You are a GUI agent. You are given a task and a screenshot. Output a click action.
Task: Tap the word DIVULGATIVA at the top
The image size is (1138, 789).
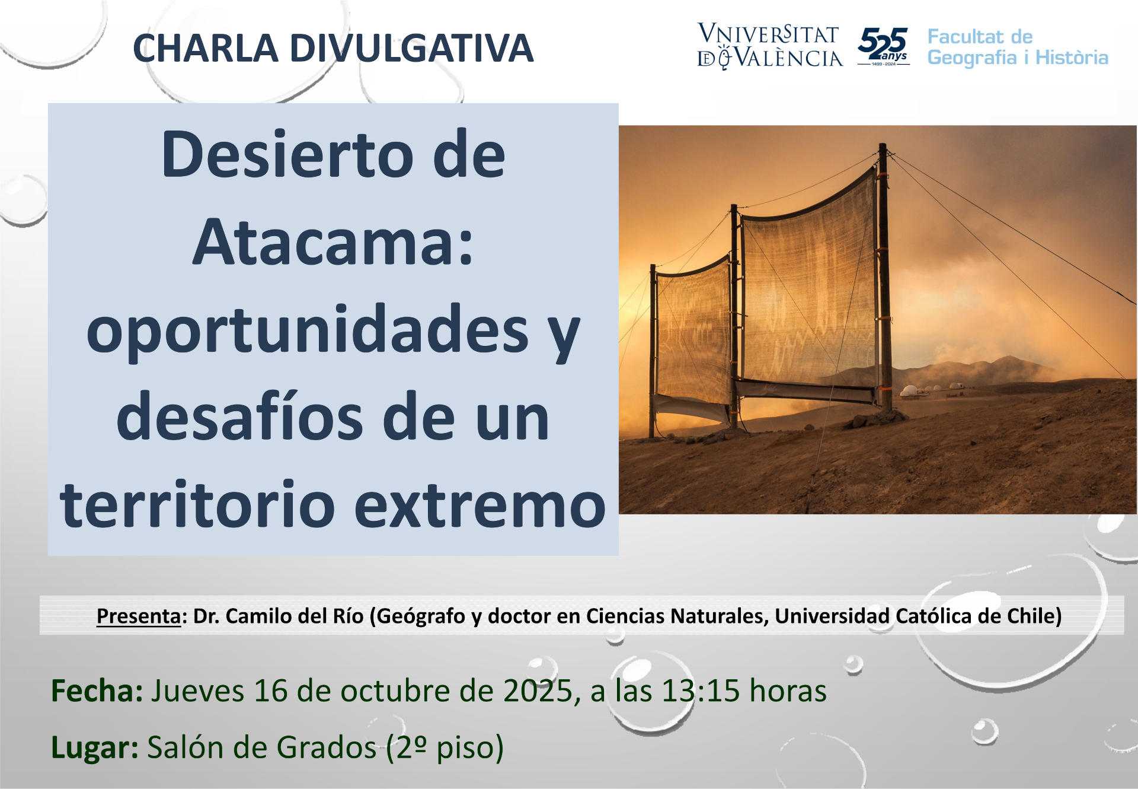click(x=411, y=48)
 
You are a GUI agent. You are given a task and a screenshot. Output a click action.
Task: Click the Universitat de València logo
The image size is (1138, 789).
click(x=769, y=46)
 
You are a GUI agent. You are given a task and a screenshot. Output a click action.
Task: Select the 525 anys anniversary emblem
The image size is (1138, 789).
click(x=883, y=46)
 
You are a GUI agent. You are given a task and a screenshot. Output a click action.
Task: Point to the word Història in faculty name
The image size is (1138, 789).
click(x=1072, y=58)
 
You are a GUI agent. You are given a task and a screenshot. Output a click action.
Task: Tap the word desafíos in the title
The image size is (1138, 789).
click(x=239, y=416)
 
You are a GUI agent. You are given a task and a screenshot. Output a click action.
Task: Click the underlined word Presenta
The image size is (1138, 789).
click(x=139, y=617)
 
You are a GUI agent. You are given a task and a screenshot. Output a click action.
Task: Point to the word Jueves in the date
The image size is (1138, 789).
click(x=197, y=691)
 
